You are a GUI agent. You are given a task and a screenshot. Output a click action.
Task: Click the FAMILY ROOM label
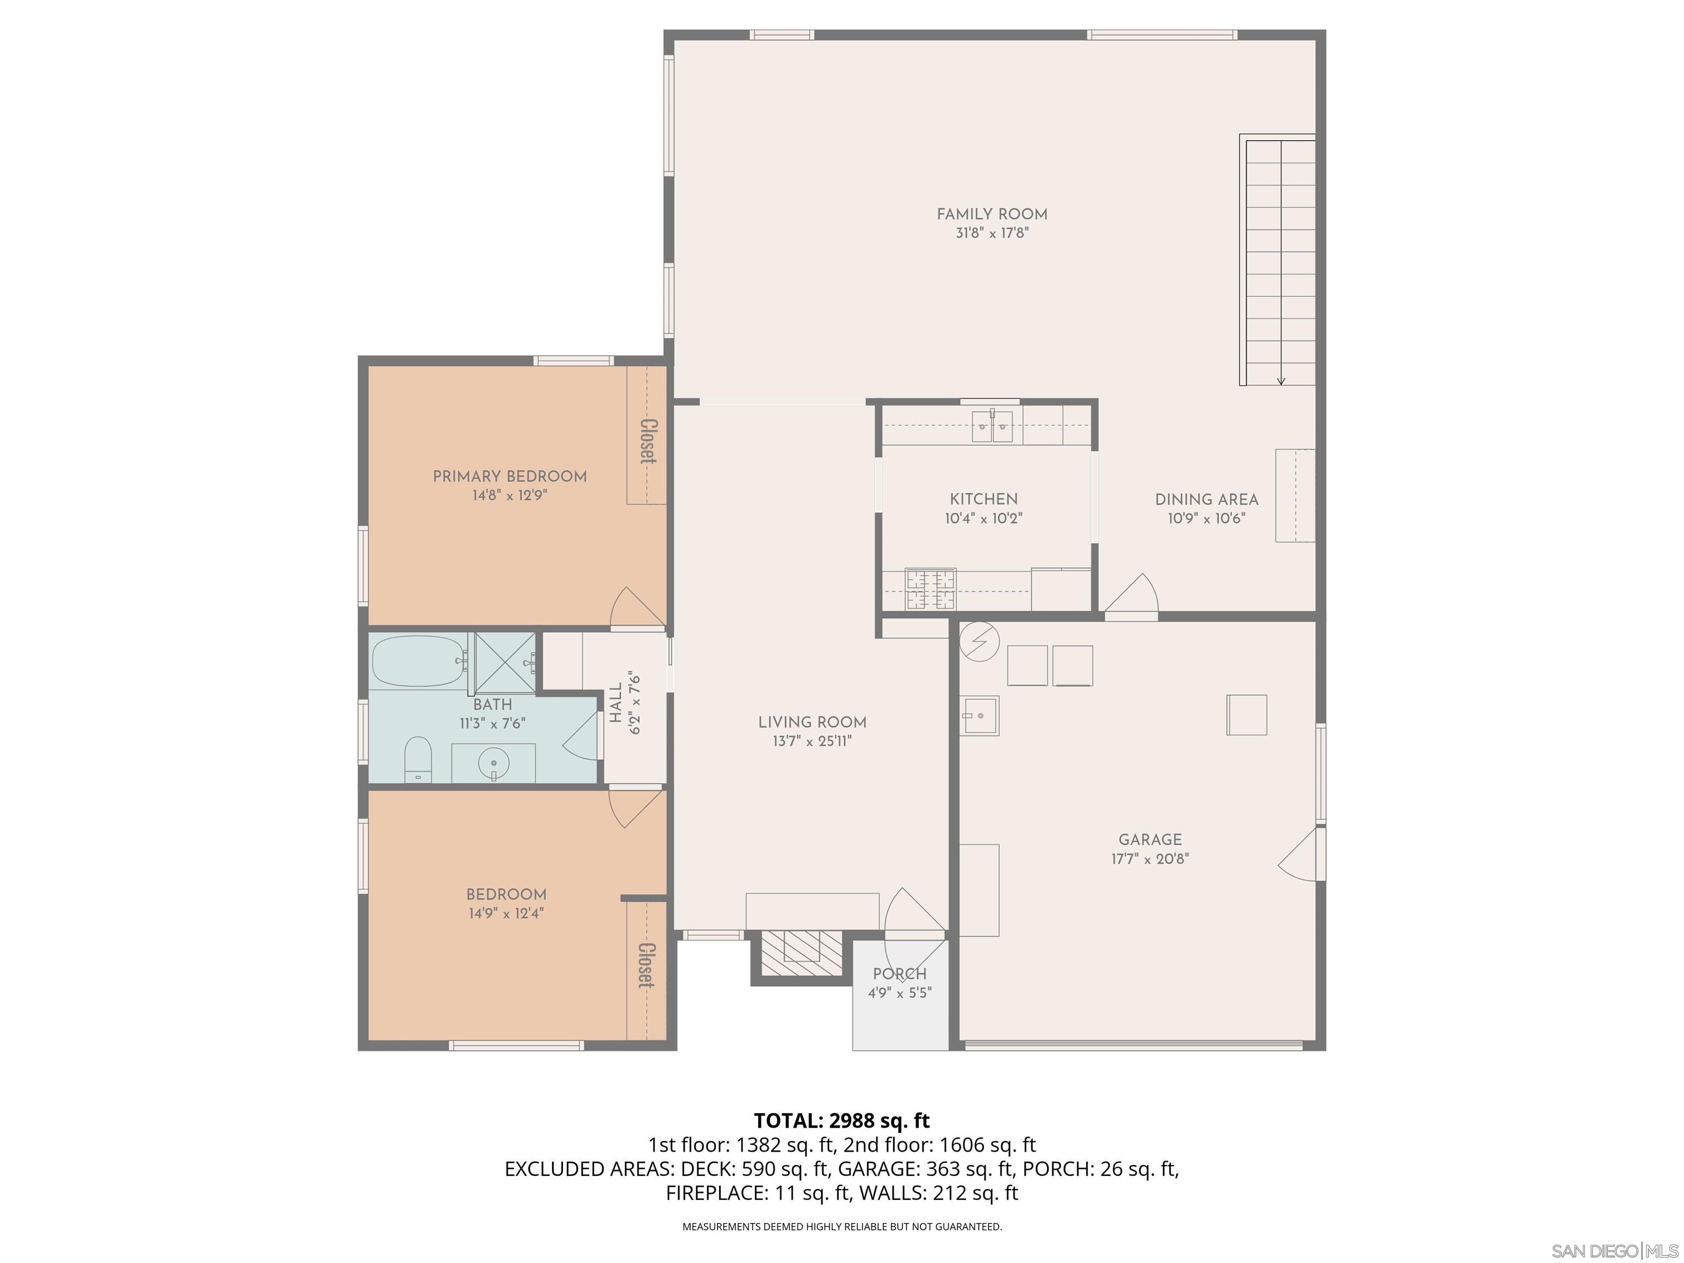991,215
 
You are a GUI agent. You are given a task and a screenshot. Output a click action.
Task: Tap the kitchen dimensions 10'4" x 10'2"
983,519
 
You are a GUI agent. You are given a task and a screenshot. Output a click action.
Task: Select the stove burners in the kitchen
930,589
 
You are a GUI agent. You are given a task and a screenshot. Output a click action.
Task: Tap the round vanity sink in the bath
494,761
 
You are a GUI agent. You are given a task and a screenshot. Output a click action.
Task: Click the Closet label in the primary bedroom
648,441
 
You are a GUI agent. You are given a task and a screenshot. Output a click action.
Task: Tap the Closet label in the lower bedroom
646,965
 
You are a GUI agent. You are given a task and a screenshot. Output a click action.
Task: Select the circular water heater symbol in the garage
980,642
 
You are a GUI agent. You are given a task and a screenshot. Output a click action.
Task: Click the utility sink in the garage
980,715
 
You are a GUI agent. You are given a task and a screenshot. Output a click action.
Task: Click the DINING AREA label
1206,500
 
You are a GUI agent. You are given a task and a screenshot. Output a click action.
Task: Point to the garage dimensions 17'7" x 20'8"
1150,859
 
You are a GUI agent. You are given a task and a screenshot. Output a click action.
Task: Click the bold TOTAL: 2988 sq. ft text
841,1120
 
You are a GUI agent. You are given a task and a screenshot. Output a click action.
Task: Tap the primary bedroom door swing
636,607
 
